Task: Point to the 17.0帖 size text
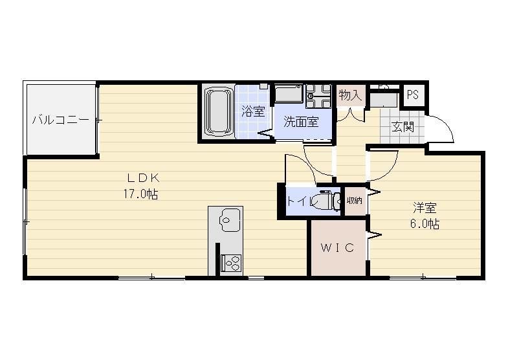pyautogui.click(x=142, y=194)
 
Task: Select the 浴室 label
pyautogui.click(x=252, y=111)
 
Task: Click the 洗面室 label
pyautogui.click(x=300, y=122)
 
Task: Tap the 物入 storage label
pyautogui.click(x=350, y=95)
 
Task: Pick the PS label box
pyautogui.click(x=412, y=95)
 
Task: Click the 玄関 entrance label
pyautogui.click(x=402, y=126)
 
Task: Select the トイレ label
pyautogui.click(x=302, y=201)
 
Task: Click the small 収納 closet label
pyautogui.click(x=354, y=201)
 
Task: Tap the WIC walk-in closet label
pyautogui.click(x=337, y=248)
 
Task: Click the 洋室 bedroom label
pyautogui.click(x=425, y=208)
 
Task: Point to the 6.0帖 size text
pyautogui.click(x=425, y=224)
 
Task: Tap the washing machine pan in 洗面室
pyautogui.click(x=288, y=94)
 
